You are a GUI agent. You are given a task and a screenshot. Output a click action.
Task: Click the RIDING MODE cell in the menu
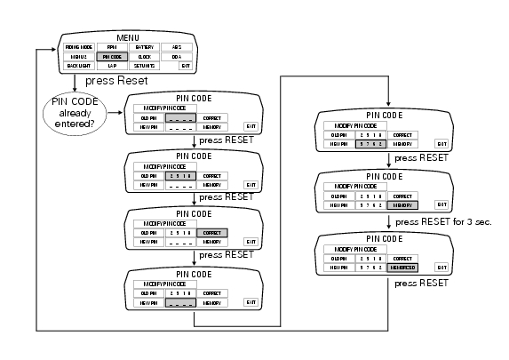(x=78, y=45)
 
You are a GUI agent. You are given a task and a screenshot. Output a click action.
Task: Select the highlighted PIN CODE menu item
(x=111, y=55)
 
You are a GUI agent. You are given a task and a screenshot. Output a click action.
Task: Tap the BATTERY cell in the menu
(x=144, y=45)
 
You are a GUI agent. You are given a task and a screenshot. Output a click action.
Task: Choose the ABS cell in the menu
(x=177, y=45)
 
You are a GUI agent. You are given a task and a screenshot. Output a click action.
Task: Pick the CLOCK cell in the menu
(x=144, y=55)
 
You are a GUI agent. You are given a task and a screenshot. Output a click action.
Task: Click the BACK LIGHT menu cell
(x=78, y=65)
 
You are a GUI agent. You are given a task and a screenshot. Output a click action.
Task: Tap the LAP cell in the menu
(x=111, y=65)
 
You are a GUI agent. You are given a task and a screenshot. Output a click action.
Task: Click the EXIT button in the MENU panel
(x=185, y=65)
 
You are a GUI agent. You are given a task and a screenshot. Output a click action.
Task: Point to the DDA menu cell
(x=177, y=55)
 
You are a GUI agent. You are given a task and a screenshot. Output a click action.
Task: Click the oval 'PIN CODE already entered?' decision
(x=75, y=114)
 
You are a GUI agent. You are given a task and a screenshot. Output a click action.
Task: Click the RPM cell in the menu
(x=111, y=45)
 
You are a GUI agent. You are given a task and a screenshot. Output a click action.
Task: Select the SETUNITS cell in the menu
(x=144, y=65)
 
